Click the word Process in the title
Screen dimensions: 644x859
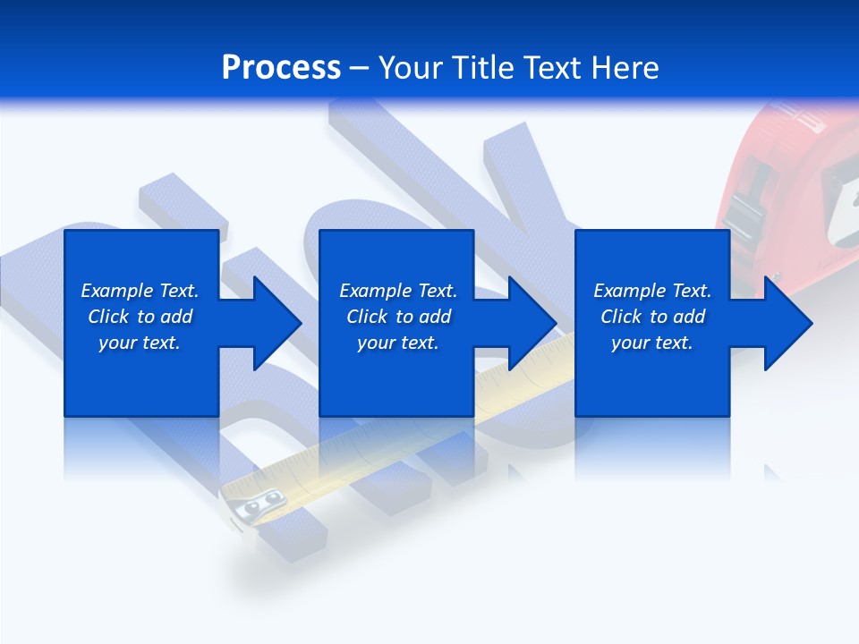(x=281, y=68)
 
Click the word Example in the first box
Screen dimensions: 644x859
(x=117, y=291)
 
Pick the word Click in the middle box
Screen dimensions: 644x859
(x=366, y=317)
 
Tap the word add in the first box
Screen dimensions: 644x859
(x=175, y=317)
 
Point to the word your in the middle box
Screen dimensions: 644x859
(x=376, y=343)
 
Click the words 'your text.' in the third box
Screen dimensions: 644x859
(x=651, y=343)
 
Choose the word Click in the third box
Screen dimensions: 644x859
(x=620, y=317)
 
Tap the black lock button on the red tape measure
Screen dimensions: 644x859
(x=742, y=214)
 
